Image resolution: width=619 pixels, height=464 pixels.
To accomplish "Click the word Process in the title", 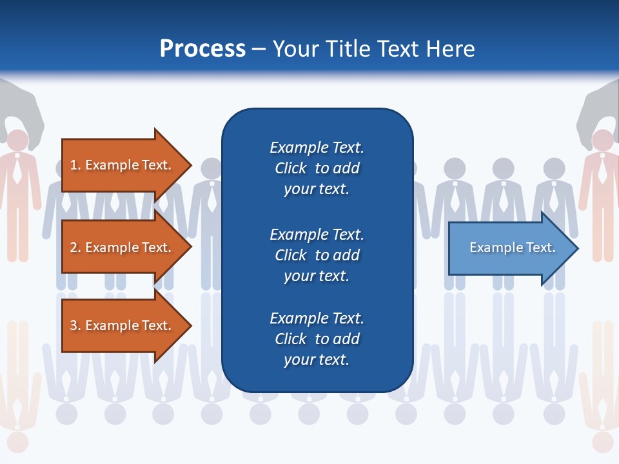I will pyautogui.click(x=202, y=49).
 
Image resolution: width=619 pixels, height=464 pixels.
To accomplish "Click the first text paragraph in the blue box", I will pyautogui.click(x=317, y=168).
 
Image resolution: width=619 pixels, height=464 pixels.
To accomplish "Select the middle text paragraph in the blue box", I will pyautogui.click(x=317, y=255).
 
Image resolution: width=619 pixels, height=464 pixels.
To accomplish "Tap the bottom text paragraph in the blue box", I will pyautogui.click(x=317, y=339).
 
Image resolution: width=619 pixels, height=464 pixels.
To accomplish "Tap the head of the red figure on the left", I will pyautogui.click(x=18, y=140).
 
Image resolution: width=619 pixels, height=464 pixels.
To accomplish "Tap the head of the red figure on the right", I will pyautogui.click(x=602, y=140).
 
